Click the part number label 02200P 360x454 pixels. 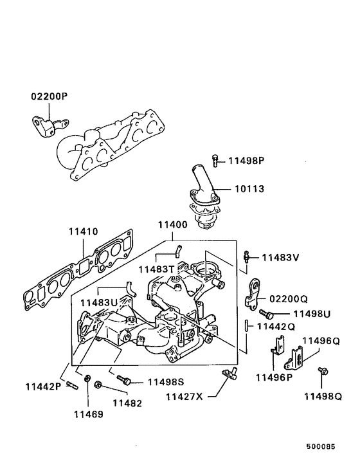click(x=49, y=97)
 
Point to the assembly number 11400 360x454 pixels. click(x=172, y=225)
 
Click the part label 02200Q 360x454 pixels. click(x=289, y=299)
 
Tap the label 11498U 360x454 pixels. click(x=312, y=314)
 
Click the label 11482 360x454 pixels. click(x=128, y=403)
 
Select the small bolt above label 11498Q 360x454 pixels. click(x=322, y=371)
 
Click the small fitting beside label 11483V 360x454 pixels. click(x=248, y=256)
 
